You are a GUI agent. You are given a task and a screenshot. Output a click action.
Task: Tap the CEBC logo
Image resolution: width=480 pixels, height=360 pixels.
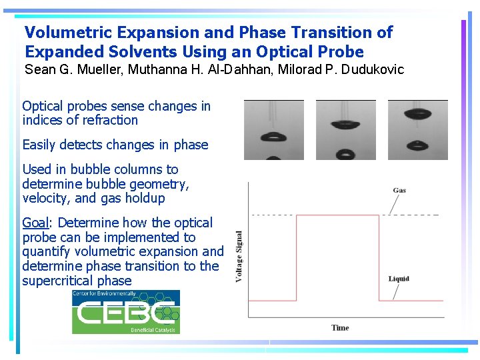coord(126,311)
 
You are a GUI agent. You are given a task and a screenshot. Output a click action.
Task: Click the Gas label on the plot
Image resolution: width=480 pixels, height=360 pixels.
coord(399,190)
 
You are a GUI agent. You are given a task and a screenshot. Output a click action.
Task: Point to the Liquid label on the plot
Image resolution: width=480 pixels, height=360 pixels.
coord(399,278)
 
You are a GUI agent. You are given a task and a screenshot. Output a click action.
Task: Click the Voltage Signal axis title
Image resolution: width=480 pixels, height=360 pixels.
coord(239,257)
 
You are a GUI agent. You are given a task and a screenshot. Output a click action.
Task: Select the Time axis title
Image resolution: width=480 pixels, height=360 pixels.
coord(340,327)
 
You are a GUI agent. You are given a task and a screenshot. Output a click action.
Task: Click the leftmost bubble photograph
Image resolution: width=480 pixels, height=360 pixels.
coord(273,130)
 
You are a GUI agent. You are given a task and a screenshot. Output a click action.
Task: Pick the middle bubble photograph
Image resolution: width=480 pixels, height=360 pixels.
coord(345,130)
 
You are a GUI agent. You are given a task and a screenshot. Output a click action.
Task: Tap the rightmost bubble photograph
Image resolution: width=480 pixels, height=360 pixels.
coord(417,130)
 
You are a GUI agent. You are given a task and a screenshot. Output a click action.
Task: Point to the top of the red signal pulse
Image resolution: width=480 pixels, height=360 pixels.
coord(337,215)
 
